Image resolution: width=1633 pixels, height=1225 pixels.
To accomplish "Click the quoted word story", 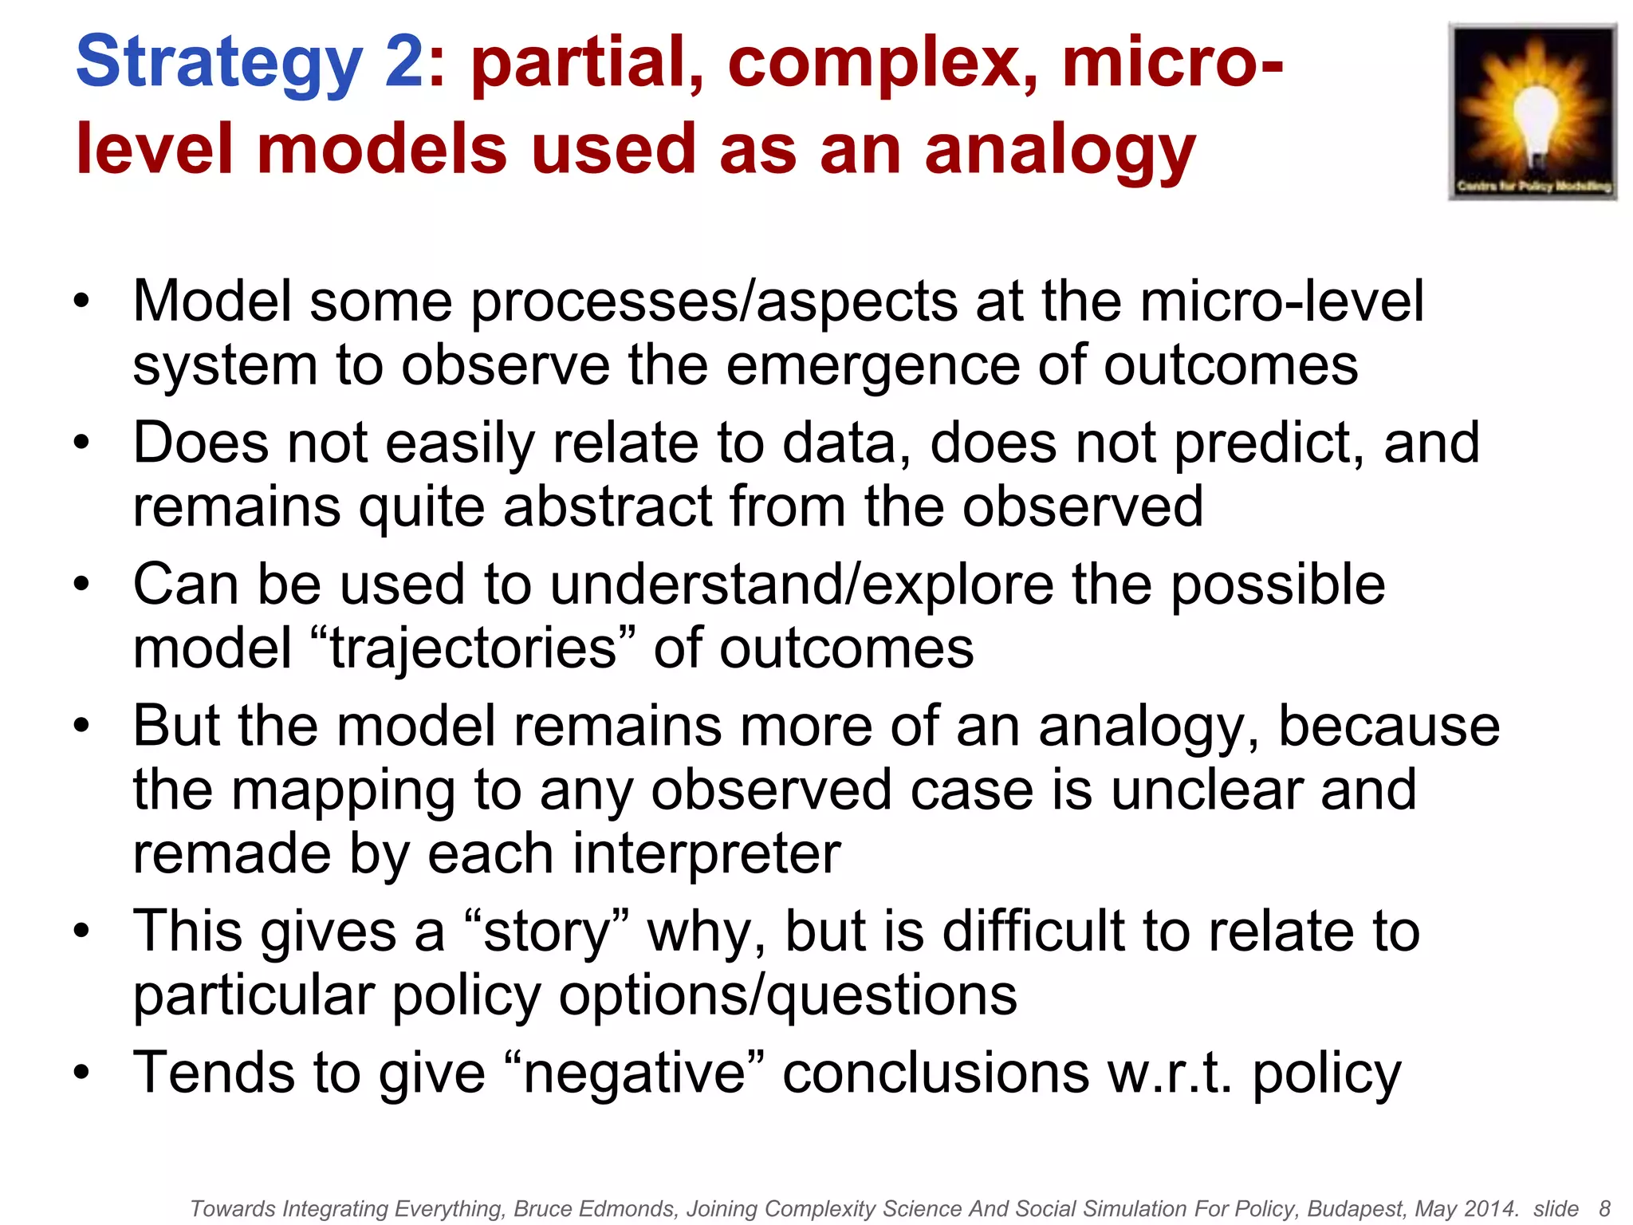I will [546, 932].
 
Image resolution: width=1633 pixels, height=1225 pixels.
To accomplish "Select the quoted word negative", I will [635, 1073].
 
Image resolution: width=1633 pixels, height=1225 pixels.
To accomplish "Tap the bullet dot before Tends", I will [81, 1073].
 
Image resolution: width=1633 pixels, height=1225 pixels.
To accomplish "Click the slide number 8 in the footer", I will [1604, 1209].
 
